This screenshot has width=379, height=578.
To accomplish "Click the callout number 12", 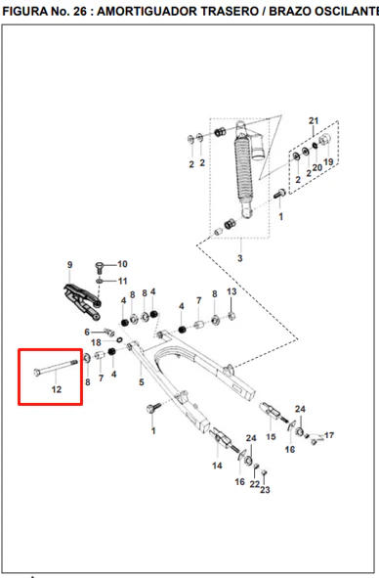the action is (57, 389).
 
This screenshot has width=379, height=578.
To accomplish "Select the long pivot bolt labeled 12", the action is (56, 367).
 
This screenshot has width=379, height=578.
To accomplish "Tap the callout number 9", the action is (69, 265).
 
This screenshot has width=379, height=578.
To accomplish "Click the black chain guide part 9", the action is (82, 301).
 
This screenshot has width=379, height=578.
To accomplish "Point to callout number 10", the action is (122, 264).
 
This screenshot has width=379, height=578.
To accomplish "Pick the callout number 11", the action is (122, 281).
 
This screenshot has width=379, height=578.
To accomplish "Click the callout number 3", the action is (239, 258).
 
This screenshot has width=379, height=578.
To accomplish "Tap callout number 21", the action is (314, 120).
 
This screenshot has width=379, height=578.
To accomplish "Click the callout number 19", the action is (328, 161).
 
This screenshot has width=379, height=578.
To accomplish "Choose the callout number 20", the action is (317, 167).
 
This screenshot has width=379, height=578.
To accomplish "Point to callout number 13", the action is (232, 291).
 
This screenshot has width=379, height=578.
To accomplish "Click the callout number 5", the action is (142, 382).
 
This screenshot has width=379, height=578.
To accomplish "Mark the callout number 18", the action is (96, 342).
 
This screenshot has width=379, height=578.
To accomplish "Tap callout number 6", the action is (87, 333).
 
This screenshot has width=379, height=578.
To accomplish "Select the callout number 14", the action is (217, 466).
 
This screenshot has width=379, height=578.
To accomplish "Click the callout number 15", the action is (271, 437).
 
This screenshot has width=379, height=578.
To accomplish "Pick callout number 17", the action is (329, 435).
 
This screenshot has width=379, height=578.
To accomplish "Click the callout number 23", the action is (265, 490).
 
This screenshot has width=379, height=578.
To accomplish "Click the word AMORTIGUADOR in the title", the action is (178, 12).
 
